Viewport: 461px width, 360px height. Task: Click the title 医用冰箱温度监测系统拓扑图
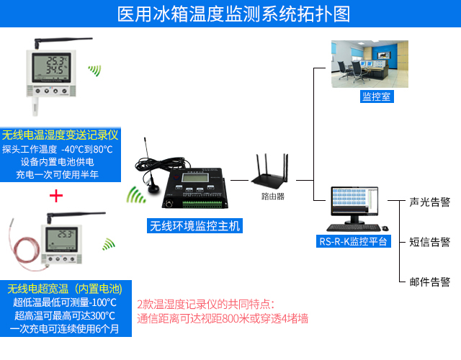pos(233,14)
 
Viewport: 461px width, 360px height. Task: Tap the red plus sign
pos(56,196)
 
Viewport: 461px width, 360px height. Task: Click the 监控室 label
pos(377,96)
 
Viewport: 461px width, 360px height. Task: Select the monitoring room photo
pos(370,64)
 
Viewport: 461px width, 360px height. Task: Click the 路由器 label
pos(272,197)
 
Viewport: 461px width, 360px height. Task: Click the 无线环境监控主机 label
pos(194,226)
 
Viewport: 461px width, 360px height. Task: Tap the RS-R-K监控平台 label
pos(353,241)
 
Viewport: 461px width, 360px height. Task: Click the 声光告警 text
pos(429,202)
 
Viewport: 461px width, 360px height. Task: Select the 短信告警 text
pos(429,242)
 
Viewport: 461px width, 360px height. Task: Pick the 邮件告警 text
pos(429,282)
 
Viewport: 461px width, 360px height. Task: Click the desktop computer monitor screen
pos(354,202)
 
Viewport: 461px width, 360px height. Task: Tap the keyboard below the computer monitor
pos(354,228)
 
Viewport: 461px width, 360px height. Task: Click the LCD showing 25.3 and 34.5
pos(51,68)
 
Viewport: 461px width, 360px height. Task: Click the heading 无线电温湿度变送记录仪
pos(60,135)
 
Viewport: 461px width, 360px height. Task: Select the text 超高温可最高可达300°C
pos(65,315)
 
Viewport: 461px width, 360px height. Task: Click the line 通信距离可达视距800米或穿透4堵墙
pos(223,318)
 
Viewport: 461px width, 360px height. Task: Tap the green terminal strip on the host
pos(202,204)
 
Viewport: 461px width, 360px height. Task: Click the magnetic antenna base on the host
pos(153,189)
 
